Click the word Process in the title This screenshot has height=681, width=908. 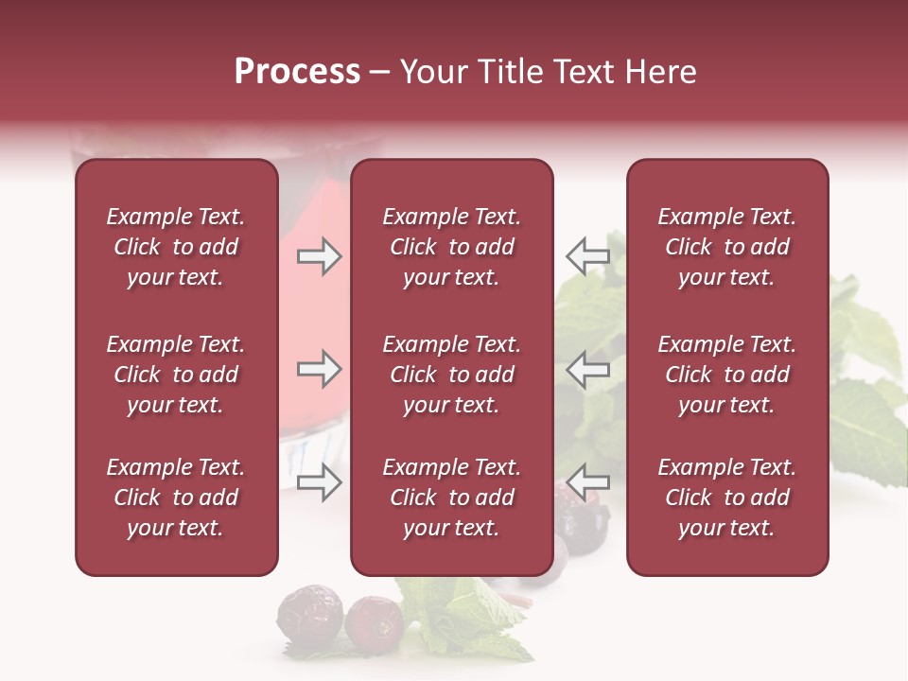tap(297, 72)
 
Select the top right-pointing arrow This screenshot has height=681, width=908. tap(319, 256)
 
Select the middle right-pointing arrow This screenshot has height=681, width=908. tap(319, 369)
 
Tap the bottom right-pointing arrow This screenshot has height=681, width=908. tap(319, 482)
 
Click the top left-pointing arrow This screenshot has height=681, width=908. tap(588, 256)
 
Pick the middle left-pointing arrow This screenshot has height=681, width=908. tap(588, 369)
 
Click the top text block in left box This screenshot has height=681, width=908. tap(176, 247)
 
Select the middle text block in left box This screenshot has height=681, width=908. tap(176, 375)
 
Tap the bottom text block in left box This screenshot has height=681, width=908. tap(176, 498)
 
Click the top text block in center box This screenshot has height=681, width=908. tap(451, 247)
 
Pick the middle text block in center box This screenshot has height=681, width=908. tap(451, 375)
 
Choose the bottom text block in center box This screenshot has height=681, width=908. tap(451, 498)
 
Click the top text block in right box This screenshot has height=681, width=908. tap(726, 247)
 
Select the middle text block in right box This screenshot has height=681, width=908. tap(726, 375)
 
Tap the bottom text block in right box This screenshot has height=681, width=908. tap(726, 498)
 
